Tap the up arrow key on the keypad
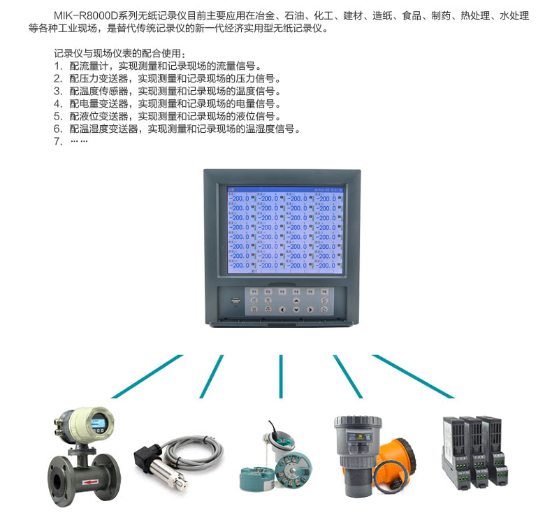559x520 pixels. [296, 299]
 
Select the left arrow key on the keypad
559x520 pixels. [282, 308]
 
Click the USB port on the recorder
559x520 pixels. [235, 302]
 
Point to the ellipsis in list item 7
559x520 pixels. [79, 142]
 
